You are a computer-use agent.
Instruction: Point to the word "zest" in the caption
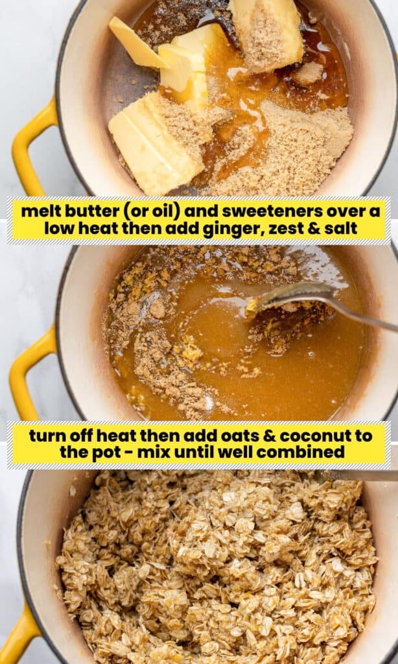pyautogui.click(x=283, y=229)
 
